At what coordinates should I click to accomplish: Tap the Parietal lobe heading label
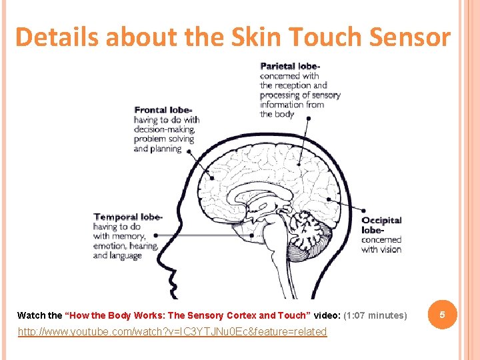point(290,66)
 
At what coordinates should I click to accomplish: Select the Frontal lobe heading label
point(164,110)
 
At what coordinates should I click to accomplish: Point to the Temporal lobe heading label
point(127,217)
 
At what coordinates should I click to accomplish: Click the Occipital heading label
point(381,220)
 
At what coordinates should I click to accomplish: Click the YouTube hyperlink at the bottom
point(172,332)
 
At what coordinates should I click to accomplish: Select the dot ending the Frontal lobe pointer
point(212,177)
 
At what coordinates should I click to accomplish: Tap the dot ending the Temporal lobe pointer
point(251,235)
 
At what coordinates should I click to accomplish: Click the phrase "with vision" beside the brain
point(381,249)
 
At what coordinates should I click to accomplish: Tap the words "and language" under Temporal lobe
point(117,255)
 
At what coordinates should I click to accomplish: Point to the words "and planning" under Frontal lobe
point(157,149)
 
